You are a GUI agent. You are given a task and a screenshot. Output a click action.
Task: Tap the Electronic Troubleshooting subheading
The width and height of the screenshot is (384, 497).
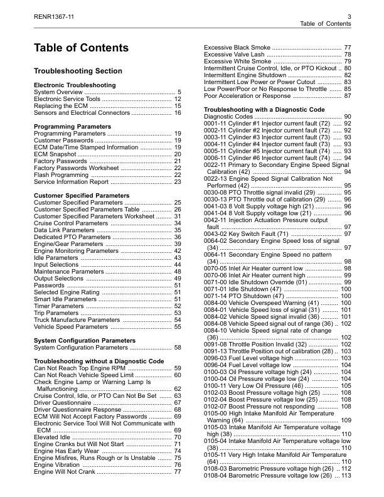pyautogui.click(x=75, y=85)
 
